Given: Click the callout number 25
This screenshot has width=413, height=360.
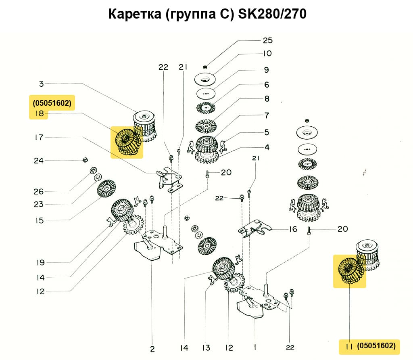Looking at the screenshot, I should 267,40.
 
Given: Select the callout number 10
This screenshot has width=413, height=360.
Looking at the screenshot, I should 267,53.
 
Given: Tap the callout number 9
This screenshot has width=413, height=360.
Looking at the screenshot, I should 266,70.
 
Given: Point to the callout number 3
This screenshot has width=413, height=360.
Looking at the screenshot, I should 41,84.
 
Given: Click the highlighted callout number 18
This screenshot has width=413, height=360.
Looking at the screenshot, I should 39,114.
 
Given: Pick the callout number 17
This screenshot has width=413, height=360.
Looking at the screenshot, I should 39,138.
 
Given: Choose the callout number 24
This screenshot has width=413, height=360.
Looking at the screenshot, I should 39,161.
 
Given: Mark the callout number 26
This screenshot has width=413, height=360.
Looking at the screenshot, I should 39,191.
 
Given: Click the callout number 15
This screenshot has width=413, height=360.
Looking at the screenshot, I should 39,220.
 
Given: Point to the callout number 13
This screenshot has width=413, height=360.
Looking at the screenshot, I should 206,347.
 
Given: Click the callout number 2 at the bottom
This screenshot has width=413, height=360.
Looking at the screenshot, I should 152,349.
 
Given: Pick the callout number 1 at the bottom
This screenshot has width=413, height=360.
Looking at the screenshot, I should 254,347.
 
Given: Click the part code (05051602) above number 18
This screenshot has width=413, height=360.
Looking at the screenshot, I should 52,103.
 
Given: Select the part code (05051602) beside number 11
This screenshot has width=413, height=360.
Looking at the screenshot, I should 376,346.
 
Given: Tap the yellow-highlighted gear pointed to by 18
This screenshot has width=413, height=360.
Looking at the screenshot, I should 127,142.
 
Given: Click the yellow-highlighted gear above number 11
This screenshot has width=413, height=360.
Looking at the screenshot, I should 349,271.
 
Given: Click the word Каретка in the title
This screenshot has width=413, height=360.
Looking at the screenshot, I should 136,14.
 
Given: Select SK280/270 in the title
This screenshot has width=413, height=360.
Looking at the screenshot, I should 273,14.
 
